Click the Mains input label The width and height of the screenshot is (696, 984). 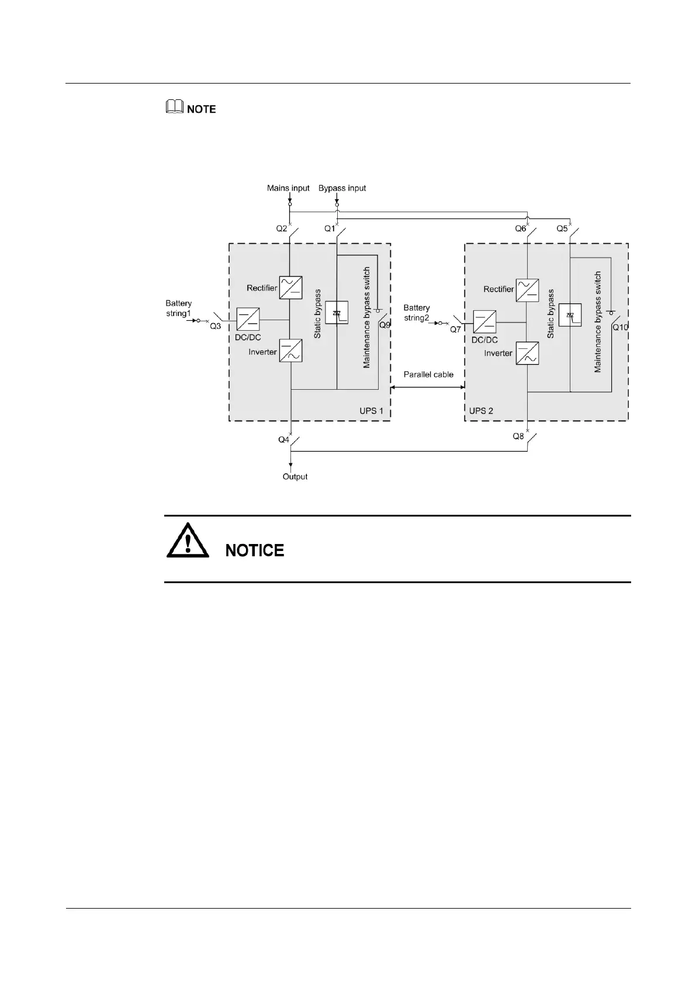[x=288, y=188]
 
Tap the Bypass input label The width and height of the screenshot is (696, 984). [x=342, y=188]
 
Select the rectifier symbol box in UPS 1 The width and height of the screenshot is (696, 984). [x=290, y=287]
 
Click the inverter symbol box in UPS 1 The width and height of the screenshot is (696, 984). [x=290, y=351]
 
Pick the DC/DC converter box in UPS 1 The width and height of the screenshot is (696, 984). [x=248, y=319]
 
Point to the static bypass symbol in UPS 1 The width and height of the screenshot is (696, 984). [x=337, y=313]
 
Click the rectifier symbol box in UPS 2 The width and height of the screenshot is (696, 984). [x=527, y=290]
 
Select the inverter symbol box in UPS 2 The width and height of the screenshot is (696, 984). [x=527, y=354]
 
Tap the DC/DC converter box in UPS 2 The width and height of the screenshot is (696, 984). [x=484, y=322]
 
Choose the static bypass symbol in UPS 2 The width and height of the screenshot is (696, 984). [x=570, y=316]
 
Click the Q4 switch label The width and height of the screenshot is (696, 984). [x=284, y=439]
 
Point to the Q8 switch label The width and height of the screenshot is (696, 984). [x=518, y=436]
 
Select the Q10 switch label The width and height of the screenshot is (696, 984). [x=620, y=327]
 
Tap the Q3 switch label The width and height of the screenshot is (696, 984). [x=216, y=326]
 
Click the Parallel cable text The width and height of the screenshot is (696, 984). [x=428, y=375]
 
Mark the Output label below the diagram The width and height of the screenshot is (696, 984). [x=295, y=477]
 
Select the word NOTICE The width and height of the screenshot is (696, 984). [x=255, y=550]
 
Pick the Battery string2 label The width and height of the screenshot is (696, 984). [x=417, y=313]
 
